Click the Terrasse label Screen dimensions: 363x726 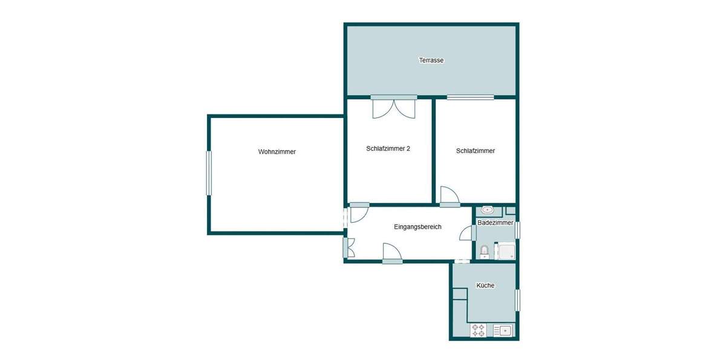(431, 60)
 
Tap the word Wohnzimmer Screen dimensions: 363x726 (276, 152)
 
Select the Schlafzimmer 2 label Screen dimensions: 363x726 (388, 148)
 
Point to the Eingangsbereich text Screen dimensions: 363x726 (417, 227)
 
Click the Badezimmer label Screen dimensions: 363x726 (495, 223)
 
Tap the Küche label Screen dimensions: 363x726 (485, 286)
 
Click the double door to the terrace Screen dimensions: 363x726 (394, 107)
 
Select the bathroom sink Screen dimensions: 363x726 (487, 211)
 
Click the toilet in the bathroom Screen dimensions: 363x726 (483, 251)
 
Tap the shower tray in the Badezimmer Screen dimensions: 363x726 (505, 251)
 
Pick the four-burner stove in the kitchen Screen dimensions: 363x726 (479, 330)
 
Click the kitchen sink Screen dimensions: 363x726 (503, 330)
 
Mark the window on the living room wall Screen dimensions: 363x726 (209, 173)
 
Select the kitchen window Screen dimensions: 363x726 (517, 300)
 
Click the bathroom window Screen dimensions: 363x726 (517, 231)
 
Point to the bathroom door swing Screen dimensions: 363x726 (466, 234)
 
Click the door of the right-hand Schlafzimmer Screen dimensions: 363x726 (449, 196)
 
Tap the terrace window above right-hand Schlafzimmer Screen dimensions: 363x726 (470, 97)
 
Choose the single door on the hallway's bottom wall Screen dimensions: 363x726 (391, 253)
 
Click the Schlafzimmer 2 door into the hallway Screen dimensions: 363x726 (359, 212)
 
